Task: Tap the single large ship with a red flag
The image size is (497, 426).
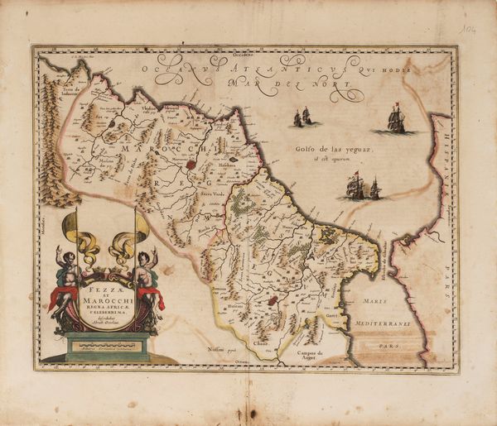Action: pyautogui.click(x=397, y=121)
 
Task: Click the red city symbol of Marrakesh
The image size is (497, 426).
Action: pyautogui.click(x=192, y=165)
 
